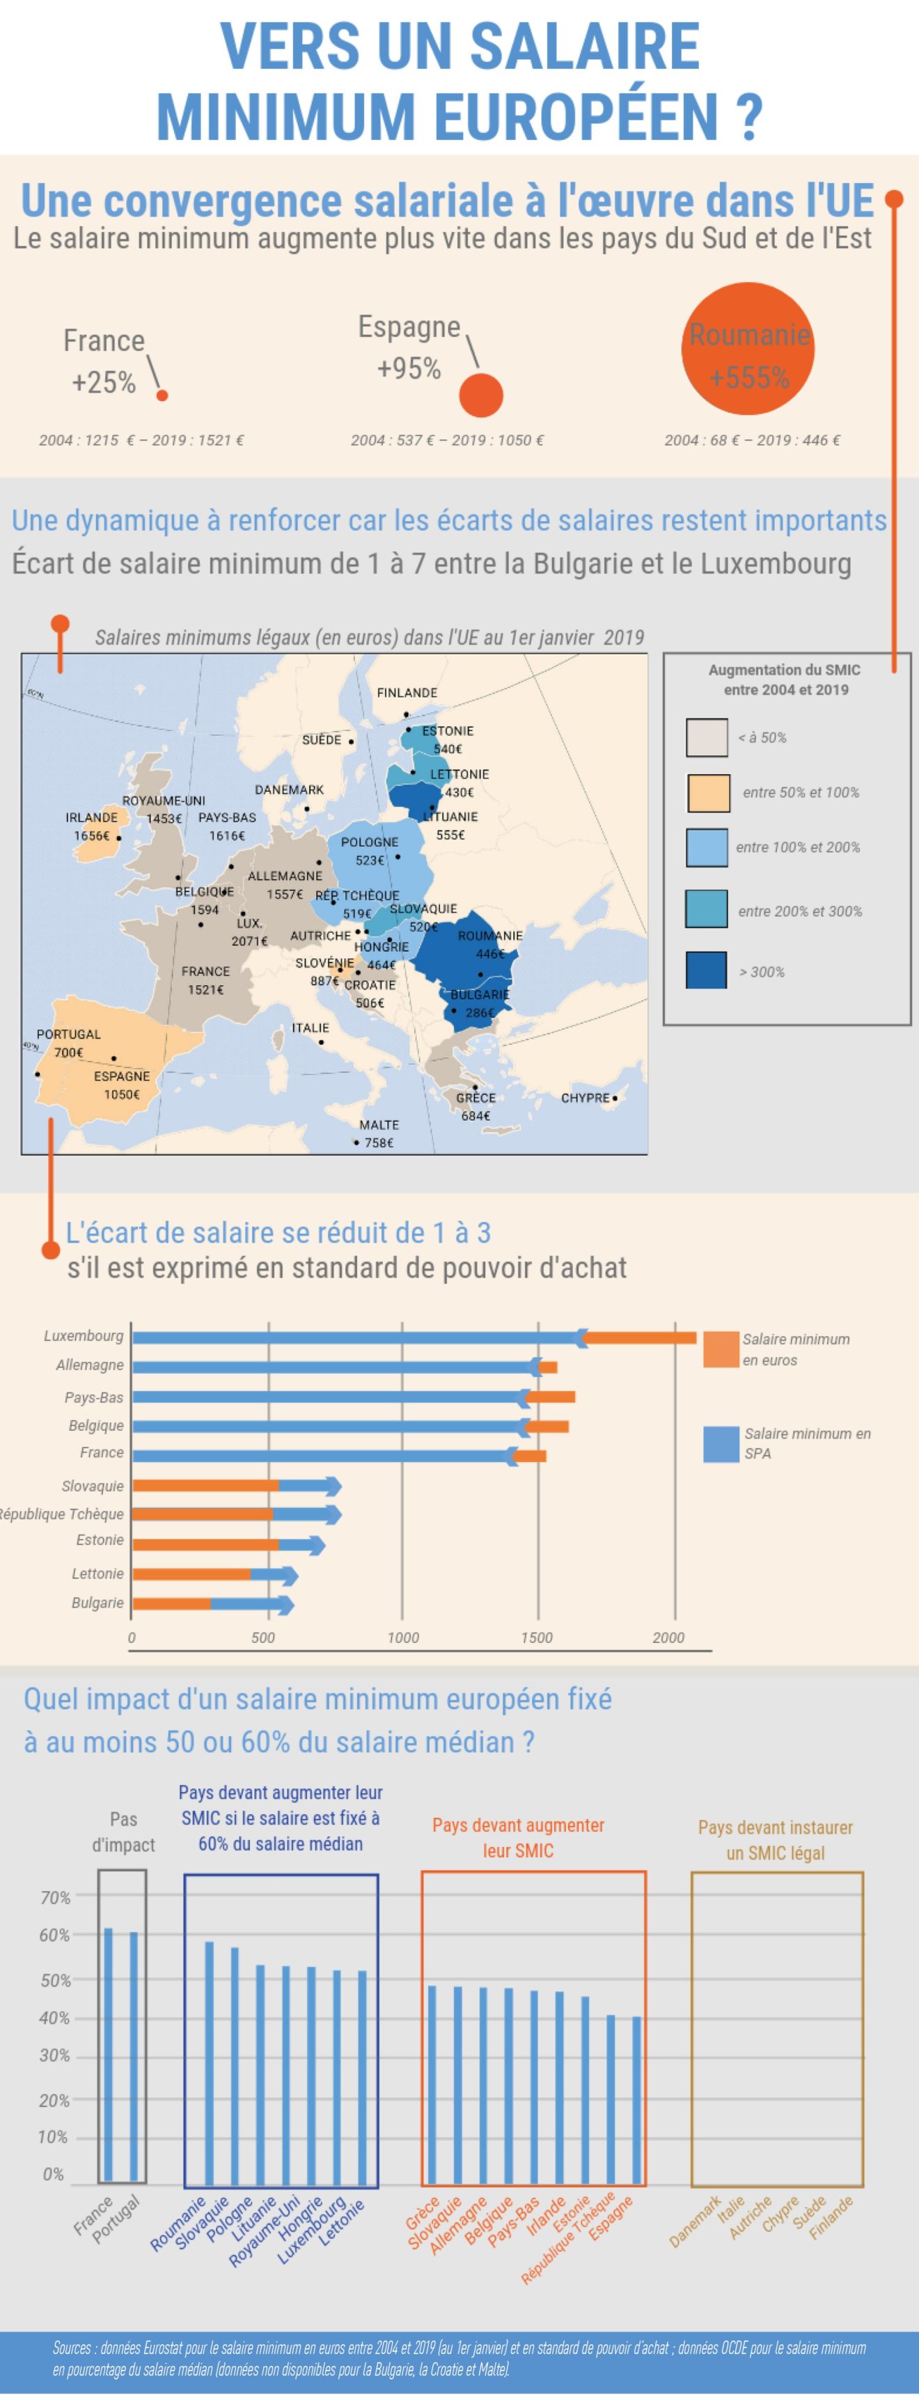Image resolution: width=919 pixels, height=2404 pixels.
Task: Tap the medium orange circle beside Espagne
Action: [x=480, y=395]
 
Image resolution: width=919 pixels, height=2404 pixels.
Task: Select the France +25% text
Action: [x=104, y=361]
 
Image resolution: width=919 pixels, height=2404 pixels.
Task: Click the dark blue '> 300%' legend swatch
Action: [x=706, y=971]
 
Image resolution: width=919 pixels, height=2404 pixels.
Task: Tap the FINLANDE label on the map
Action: [x=407, y=693]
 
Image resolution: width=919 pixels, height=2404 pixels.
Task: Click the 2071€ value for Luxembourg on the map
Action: [x=249, y=941]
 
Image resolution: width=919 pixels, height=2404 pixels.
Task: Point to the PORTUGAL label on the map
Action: [x=68, y=1034]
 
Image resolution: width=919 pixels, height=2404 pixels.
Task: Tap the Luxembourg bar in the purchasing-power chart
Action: [x=411, y=1337]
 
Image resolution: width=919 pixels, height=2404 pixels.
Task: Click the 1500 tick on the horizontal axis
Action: [x=537, y=1637]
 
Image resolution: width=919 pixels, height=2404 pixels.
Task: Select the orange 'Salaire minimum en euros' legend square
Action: [x=721, y=1349]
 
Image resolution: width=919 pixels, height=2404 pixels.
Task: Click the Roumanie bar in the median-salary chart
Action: [x=209, y=2062]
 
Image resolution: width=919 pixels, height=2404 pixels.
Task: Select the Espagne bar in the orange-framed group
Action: [x=636, y=2100]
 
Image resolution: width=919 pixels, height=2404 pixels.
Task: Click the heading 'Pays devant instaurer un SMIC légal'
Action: [x=776, y=1839]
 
